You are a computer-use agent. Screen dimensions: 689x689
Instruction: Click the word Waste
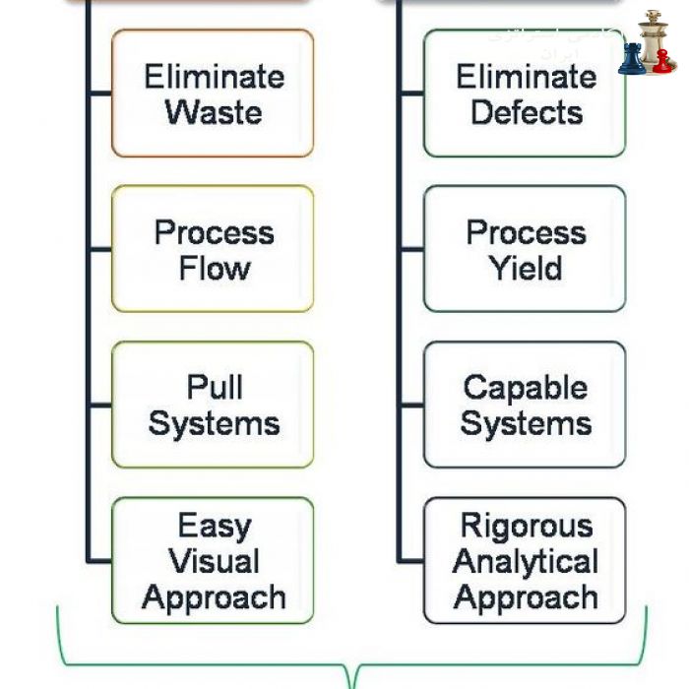coord(214,112)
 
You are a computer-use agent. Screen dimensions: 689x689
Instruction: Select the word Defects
coord(526,112)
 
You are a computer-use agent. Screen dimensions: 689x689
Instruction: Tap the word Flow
coord(214,268)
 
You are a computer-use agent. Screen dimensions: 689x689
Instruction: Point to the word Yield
coord(526,268)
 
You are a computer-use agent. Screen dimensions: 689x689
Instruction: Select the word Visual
coord(214,561)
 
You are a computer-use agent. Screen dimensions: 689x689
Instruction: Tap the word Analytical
coord(526,561)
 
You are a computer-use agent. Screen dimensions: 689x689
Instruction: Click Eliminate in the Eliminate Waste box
coord(214,77)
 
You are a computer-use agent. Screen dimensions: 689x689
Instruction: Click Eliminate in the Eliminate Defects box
coord(526,77)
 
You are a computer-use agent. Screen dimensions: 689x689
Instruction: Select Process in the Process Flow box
coord(214,232)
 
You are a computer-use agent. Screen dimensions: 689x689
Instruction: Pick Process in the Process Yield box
coord(526,232)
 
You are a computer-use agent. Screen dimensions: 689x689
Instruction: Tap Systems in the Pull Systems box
coord(214,423)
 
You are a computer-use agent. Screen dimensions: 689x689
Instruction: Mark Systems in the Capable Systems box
coord(526,423)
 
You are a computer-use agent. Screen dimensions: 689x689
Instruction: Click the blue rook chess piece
coord(632,59)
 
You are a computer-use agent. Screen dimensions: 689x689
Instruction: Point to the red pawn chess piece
coord(663,62)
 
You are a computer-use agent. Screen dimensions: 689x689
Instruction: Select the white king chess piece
coord(651,39)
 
